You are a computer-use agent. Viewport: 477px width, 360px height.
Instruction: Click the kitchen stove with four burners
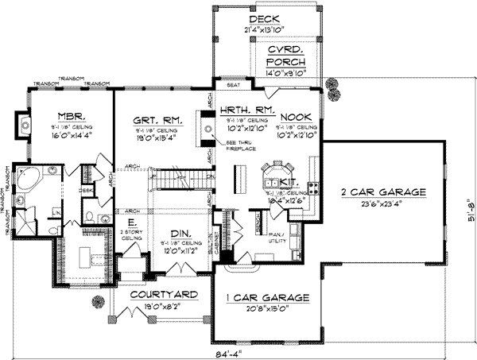pyautogui.click(x=313, y=188)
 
